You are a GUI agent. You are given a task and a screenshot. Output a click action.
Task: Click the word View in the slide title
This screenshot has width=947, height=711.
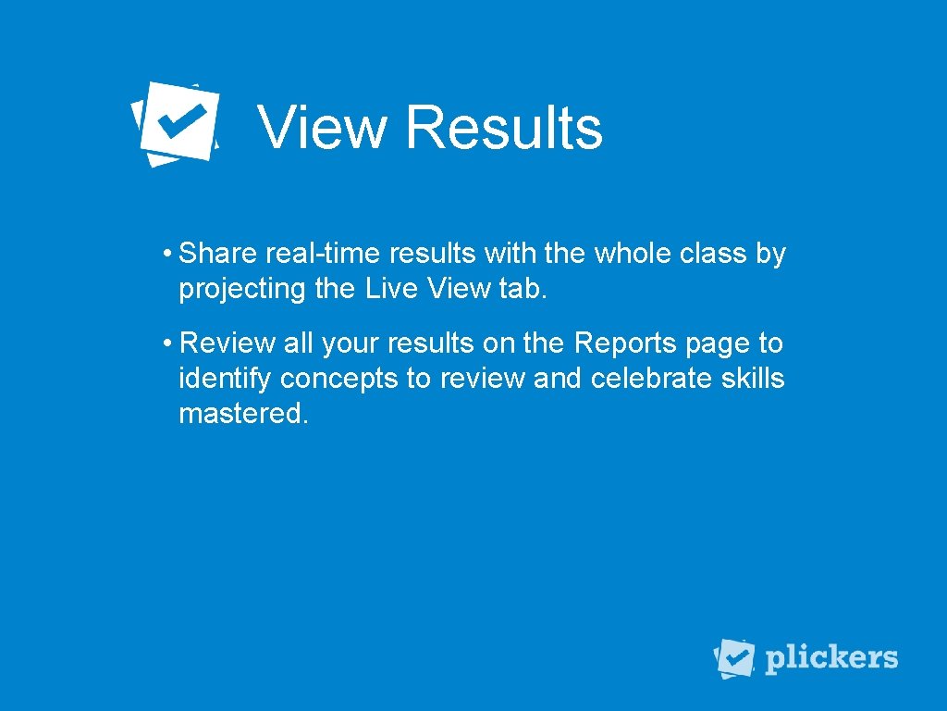tap(322, 127)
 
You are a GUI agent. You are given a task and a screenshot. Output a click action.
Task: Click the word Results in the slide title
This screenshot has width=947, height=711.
tap(504, 127)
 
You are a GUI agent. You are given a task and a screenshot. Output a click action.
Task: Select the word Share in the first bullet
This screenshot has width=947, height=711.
tap(218, 253)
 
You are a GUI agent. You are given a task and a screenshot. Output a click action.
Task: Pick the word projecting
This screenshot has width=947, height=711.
tap(241, 289)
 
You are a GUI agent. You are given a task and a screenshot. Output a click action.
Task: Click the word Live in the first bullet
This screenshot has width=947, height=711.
tap(392, 289)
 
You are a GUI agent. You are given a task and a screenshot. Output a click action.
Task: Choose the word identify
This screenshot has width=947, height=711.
tap(225, 380)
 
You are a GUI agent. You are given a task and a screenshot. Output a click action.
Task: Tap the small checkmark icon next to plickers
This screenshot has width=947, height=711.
tap(735, 658)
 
